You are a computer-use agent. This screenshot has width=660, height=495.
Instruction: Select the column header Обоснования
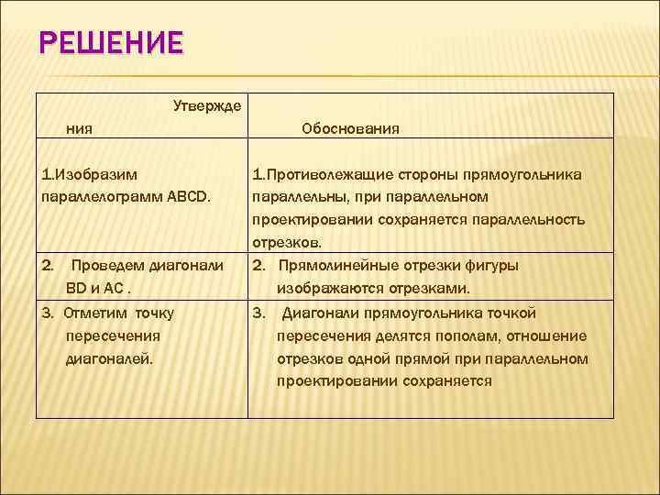pyautogui.click(x=350, y=128)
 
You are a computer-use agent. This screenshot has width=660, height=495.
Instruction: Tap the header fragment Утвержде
pyautogui.click(x=207, y=105)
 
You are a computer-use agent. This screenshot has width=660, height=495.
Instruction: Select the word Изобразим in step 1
pyautogui.click(x=92, y=173)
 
